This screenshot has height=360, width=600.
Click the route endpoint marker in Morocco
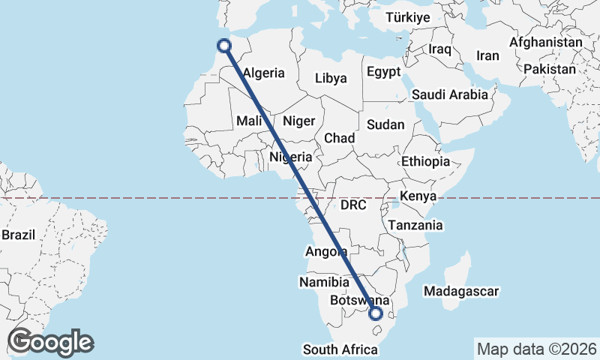coord(223,45)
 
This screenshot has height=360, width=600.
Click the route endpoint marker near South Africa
coord(376,313)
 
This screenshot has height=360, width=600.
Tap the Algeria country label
coord(264,73)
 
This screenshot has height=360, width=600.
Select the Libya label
coord(331,78)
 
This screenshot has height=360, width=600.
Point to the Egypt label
coord(384,72)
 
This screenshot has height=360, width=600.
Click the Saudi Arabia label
coord(449,95)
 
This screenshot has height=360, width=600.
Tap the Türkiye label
coord(407,17)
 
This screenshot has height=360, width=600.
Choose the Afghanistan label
coord(545,43)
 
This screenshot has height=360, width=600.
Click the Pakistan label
coord(550,69)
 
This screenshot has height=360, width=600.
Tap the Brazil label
coord(19,235)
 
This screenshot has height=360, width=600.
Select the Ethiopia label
coord(425,161)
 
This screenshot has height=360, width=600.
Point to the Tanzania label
coord(415,225)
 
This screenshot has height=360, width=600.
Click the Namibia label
coord(324,283)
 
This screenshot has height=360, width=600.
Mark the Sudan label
coord(385,125)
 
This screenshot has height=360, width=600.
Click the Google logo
coord(50,342)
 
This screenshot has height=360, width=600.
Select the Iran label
coord(487,55)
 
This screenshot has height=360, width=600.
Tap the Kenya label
coord(418,196)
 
